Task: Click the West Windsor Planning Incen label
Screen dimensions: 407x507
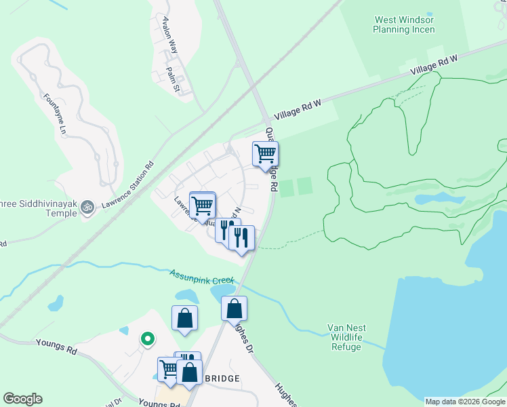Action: coord(404,25)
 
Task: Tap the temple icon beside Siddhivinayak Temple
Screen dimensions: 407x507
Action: coord(86,207)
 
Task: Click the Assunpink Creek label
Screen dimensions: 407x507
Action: coord(201,276)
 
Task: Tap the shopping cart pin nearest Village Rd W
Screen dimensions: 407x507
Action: coord(265,153)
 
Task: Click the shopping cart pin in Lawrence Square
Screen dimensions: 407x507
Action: coord(202,204)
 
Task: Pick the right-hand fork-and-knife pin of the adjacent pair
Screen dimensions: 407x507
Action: coord(242,237)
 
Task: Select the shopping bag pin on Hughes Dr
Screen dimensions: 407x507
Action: coord(234,309)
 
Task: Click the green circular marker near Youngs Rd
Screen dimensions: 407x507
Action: coord(146,338)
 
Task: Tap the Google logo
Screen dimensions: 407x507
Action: coord(23,399)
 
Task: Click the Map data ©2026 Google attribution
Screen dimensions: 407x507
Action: coord(465,402)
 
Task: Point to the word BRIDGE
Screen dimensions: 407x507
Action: coord(222,378)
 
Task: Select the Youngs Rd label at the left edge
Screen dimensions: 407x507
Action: coord(57,347)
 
